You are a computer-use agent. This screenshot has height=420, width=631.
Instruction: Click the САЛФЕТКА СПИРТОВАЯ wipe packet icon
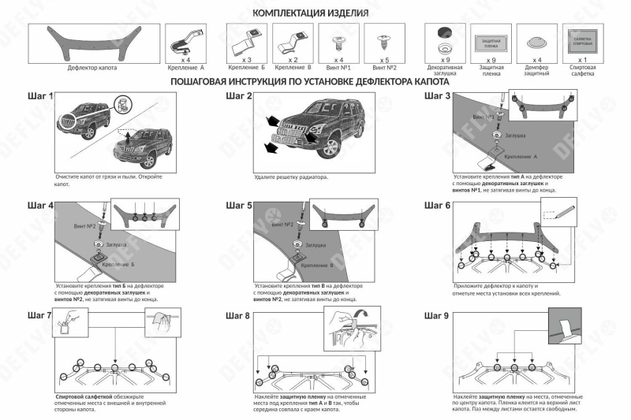coord(582,39)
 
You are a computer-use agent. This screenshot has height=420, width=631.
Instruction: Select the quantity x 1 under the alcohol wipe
coord(582,60)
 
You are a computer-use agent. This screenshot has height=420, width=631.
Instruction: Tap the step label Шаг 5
coord(239,206)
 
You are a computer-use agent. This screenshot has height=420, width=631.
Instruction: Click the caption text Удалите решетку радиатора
coord(291,177)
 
